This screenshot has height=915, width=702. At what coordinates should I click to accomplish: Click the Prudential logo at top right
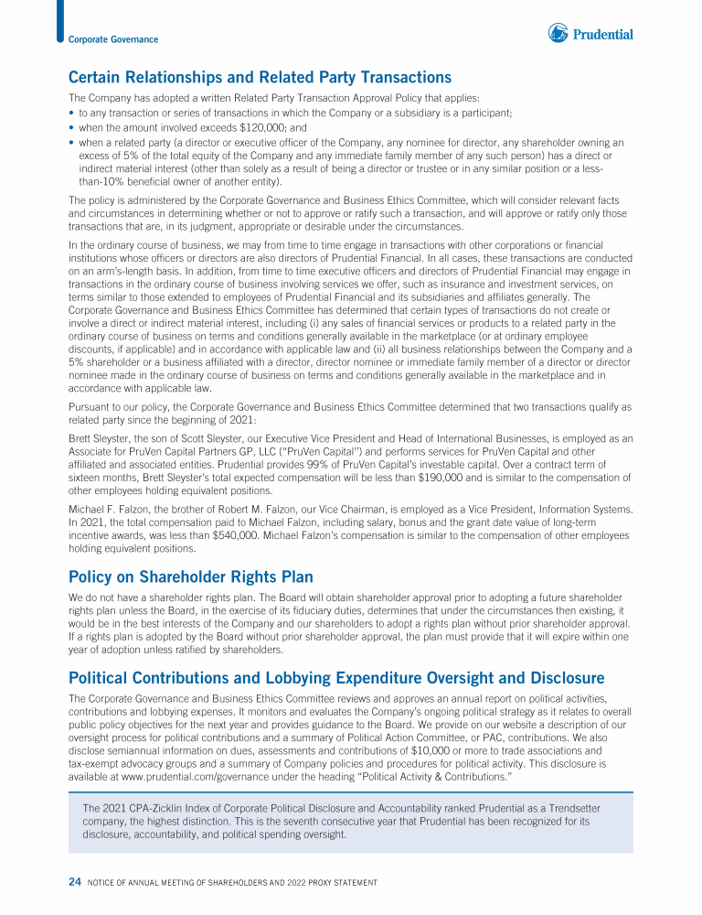[590, 34]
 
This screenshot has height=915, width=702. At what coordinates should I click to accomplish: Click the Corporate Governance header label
[113, 39]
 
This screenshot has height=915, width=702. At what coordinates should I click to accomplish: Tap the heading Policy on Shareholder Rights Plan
[191, 576]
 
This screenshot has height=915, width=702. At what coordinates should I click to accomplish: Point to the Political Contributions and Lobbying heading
[336, 678]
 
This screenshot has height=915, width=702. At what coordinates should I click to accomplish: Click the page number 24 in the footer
[75, 882]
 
